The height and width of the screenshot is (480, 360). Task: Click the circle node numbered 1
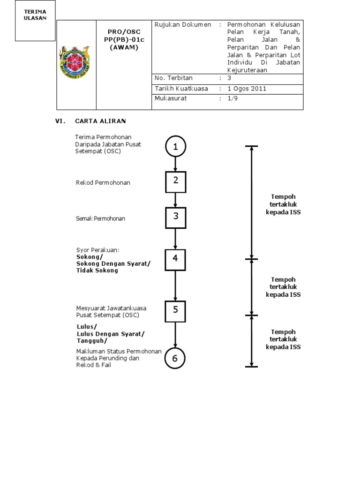click(175, 147)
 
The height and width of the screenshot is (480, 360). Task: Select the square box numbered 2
click(175, 182)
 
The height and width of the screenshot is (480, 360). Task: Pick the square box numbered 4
click(175, 260)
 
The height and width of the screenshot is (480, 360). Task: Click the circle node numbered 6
click(175, 359)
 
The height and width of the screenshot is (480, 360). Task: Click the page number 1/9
click(232, 98)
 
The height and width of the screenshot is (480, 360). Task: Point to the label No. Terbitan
click(173, 78)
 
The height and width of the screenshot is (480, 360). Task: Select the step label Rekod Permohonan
click(103, 182)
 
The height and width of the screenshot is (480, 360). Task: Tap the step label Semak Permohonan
click(101, 218)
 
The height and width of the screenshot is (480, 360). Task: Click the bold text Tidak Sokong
click(97, 270)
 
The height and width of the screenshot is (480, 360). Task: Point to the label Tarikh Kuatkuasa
click(181, 88)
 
